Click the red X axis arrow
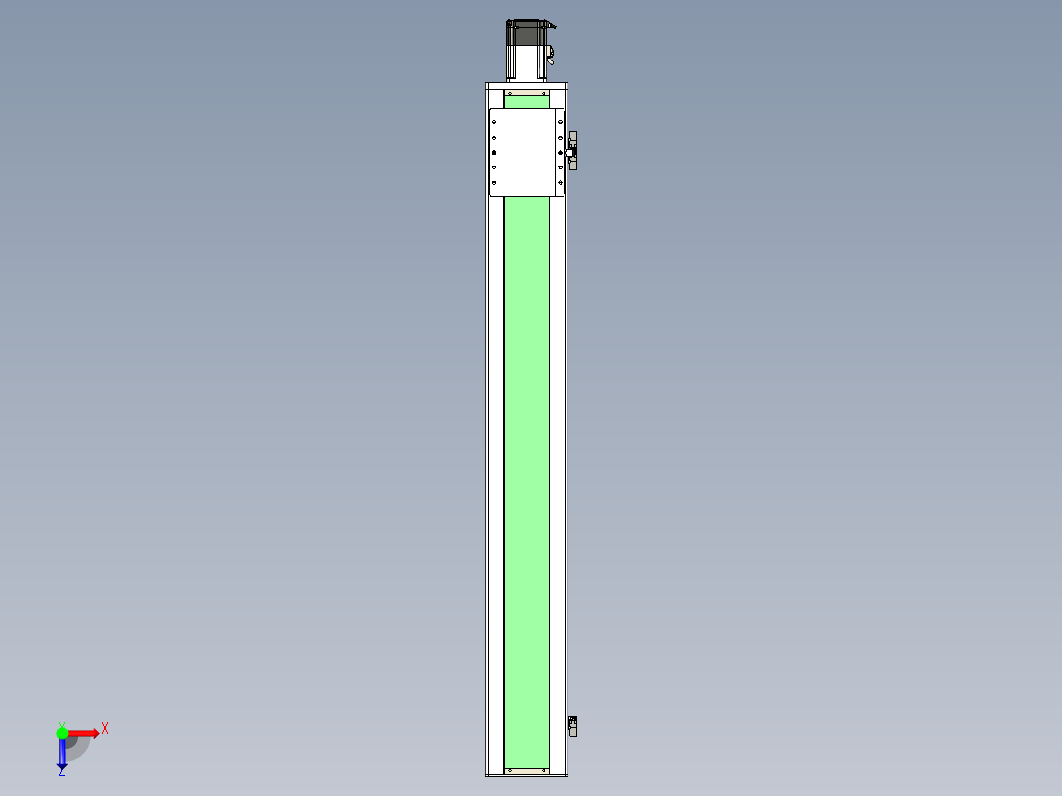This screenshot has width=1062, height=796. (83, 733)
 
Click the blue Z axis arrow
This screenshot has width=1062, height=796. (62, 755)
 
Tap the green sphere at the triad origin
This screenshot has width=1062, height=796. (62, 733)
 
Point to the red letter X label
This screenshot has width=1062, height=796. (105, 729)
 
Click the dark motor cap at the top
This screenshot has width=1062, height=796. (527, 33)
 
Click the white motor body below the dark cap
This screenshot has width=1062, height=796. (527, 63)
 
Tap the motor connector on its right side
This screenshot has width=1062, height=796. (550, 54)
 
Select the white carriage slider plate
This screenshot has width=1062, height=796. (528, 152)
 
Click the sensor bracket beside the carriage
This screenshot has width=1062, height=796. (572, 151)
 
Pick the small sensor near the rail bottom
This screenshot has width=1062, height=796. (573, 726)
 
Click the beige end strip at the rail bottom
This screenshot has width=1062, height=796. (527, 769)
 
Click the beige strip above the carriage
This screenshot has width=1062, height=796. (527, 92)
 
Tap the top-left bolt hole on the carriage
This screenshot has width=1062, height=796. (495, 121)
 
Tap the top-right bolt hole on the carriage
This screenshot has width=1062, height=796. (561, 121)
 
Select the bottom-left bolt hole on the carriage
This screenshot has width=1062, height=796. (495, 184)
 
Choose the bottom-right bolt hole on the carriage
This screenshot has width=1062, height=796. (561, 184)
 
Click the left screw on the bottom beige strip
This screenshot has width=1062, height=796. (510, 769)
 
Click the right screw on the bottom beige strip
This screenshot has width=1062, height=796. (544, 769)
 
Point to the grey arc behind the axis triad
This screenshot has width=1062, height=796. (79, 746)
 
